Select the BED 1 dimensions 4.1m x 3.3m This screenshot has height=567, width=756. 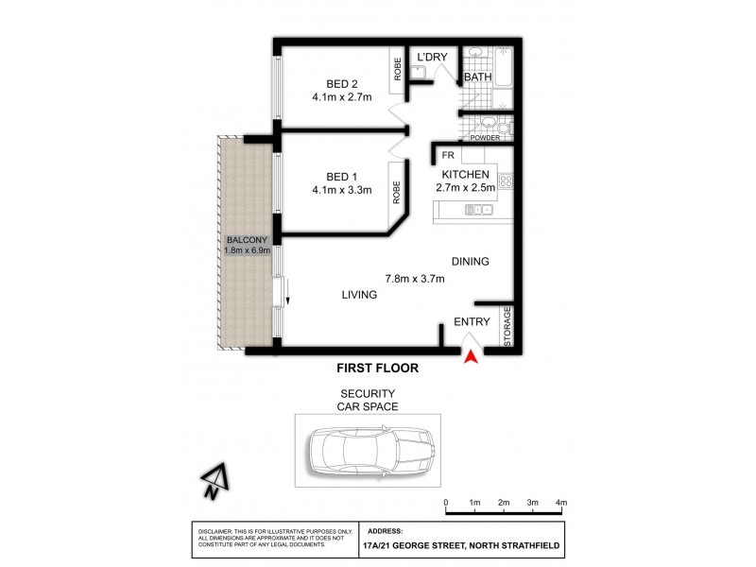341,190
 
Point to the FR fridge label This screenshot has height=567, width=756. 447,154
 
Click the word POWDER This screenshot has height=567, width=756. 485,138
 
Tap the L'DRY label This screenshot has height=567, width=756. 432,58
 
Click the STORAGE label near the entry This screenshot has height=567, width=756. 507,326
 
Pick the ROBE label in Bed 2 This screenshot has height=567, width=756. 398,68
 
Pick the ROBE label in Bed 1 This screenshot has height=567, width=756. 398,193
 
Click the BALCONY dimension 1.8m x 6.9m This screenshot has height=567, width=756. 248,250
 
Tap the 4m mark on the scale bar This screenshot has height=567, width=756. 561,503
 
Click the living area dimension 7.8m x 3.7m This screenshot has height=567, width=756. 414,278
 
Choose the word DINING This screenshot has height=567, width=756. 470,261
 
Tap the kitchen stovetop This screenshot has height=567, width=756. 505,180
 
